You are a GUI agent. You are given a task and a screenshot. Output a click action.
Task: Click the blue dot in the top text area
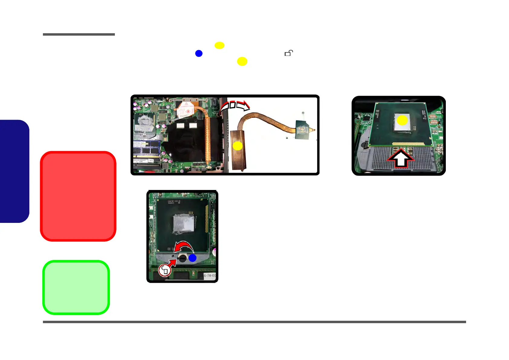[199, 53]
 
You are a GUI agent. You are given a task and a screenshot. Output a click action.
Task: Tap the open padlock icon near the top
[289, 53]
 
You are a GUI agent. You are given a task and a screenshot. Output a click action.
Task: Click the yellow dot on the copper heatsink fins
[238, 146]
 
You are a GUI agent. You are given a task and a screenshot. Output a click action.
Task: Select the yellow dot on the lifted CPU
[402, 120]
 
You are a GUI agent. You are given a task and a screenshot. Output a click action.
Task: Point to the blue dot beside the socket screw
[193, 258]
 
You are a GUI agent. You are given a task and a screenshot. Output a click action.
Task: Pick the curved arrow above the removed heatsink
[235, 106]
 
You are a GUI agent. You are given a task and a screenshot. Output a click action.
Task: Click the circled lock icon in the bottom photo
[165, 270]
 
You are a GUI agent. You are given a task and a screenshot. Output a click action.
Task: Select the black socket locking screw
[183, 259]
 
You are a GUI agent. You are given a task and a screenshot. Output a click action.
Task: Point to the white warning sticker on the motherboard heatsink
[185, 110]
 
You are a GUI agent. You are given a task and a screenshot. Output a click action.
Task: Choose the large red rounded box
[78, 196]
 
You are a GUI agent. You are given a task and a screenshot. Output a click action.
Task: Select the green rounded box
[76, 287]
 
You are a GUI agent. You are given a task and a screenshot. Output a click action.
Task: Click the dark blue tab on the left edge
[14, 171]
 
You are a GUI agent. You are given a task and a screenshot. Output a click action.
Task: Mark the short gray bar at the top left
[79, 34]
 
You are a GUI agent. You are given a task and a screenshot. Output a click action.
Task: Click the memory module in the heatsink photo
[147, 149]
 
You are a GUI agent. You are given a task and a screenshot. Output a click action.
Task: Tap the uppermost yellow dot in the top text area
[219, 45]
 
